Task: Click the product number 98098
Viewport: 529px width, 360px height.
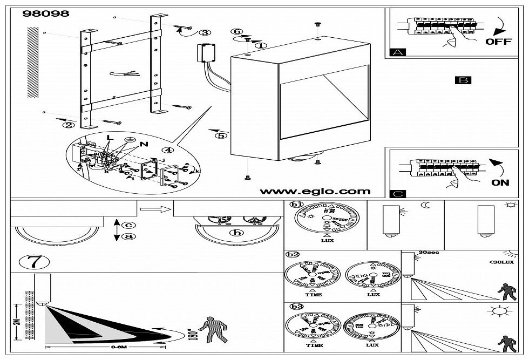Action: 45,15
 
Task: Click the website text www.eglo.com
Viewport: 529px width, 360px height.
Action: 315,191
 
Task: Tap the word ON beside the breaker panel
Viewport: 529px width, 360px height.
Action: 500,182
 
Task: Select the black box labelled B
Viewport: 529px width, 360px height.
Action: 464,80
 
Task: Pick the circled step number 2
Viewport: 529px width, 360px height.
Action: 68,126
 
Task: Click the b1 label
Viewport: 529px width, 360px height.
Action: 296,205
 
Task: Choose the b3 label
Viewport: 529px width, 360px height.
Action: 295,308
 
